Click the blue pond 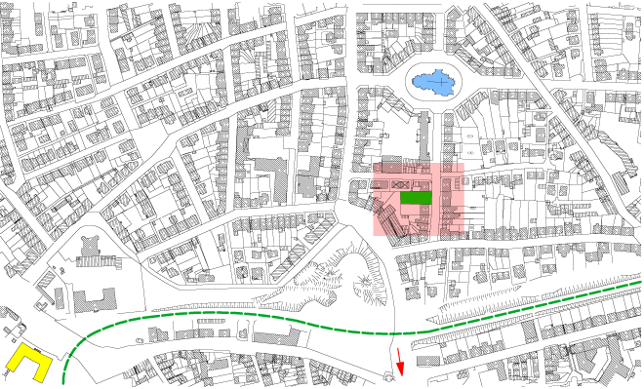(x=433, y=83)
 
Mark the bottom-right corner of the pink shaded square (x=464, y=236)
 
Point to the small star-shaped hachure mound (x=365, y=283)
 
